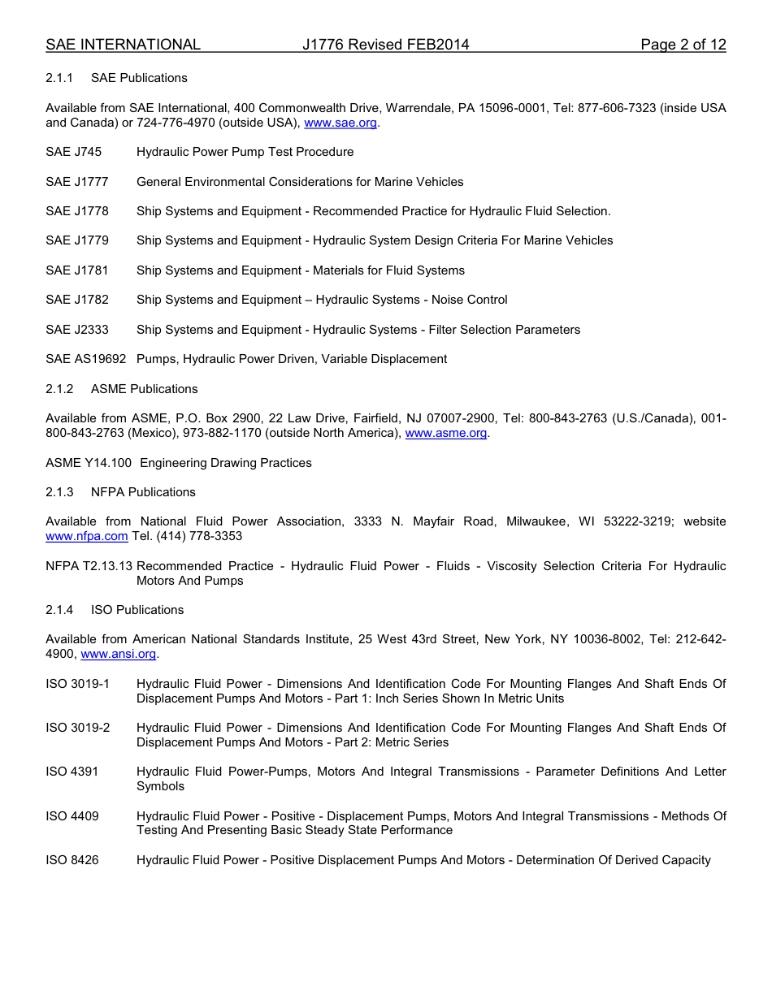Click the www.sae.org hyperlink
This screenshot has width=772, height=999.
[340, 123]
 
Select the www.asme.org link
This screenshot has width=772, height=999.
[446, 434]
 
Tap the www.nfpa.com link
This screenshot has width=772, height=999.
[87, 537]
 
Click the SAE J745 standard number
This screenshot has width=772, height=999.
[74, 152]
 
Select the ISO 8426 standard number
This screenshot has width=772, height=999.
[72, 860]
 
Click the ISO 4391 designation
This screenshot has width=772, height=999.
[72, 772]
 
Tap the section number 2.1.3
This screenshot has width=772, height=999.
[59, 492]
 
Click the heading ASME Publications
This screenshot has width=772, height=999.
[144, 389]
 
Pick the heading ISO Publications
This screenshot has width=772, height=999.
[137, 610]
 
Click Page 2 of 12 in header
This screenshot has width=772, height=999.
[683, 45]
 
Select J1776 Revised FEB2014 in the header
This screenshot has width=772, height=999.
[385, 45]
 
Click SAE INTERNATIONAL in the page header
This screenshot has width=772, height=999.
[123, 45]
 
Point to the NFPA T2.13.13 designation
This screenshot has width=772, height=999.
[89, 566]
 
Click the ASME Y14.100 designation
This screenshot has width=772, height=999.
[89, 463]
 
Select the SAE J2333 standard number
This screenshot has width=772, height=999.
[77, 330]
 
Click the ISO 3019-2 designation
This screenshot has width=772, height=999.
[78, 728]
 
